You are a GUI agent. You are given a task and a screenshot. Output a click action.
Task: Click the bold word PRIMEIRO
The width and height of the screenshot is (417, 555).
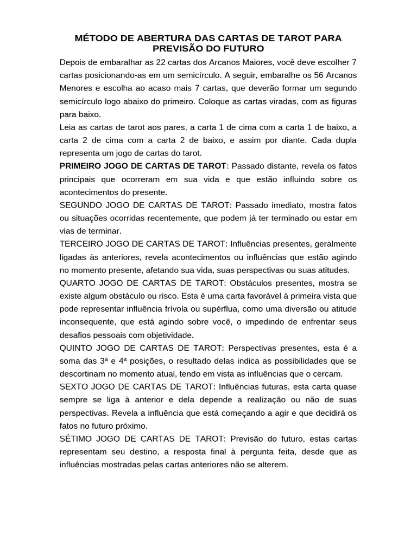(83, 165)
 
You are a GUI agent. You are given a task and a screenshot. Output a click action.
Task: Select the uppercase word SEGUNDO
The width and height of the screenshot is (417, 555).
(83, 205)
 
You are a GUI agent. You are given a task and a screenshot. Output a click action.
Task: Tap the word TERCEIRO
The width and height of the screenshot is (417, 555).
(84, 244)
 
